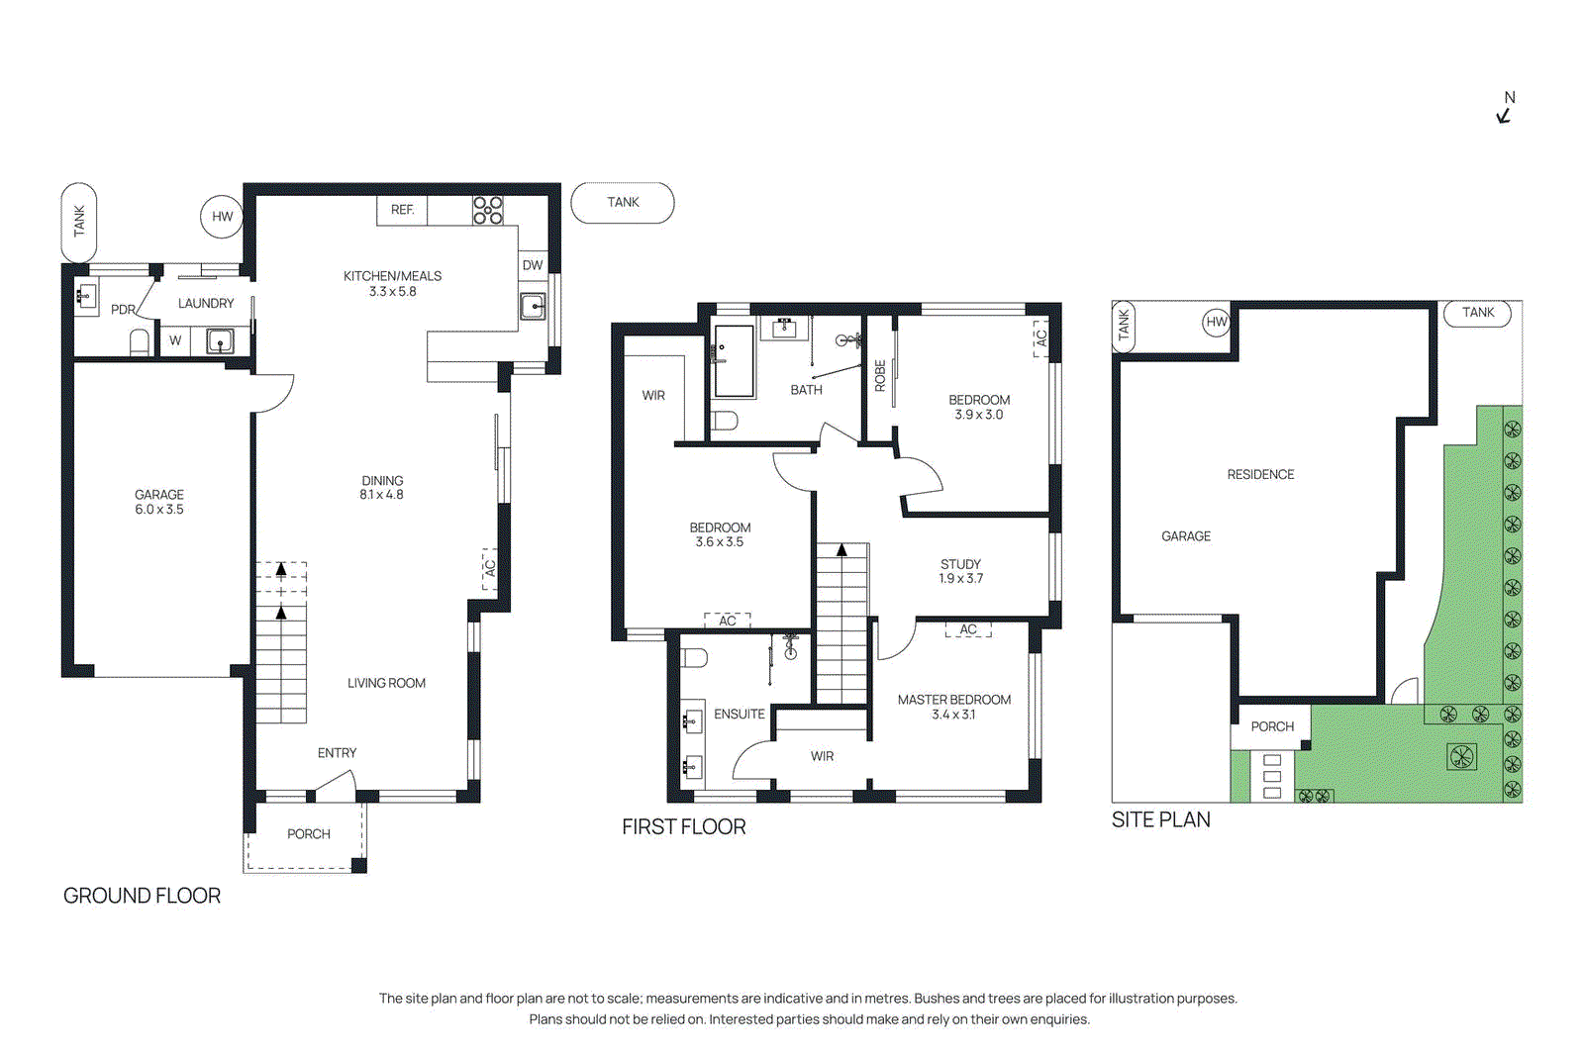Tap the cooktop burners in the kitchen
coord(488,210)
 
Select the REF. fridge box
coord(402,210)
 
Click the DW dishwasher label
coord(533,264)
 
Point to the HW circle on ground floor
coord(222,217)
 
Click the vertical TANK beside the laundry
coord(79,221)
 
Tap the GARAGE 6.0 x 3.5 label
coord(159,502)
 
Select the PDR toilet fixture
coord(140,342)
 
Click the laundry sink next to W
coord(219,341)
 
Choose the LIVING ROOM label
coord(386,683)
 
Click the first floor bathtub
coord(734,361)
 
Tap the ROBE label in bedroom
coord(880,375)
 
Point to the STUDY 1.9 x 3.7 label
coord(960,571)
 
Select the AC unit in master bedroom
coord(968,629)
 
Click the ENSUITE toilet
coord(694,658)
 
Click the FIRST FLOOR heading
coord(683,826)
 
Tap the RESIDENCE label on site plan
coord(1260,474)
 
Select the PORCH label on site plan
coord(1272,726)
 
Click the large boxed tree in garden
coord(1461,757)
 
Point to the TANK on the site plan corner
coord(1478,313)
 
